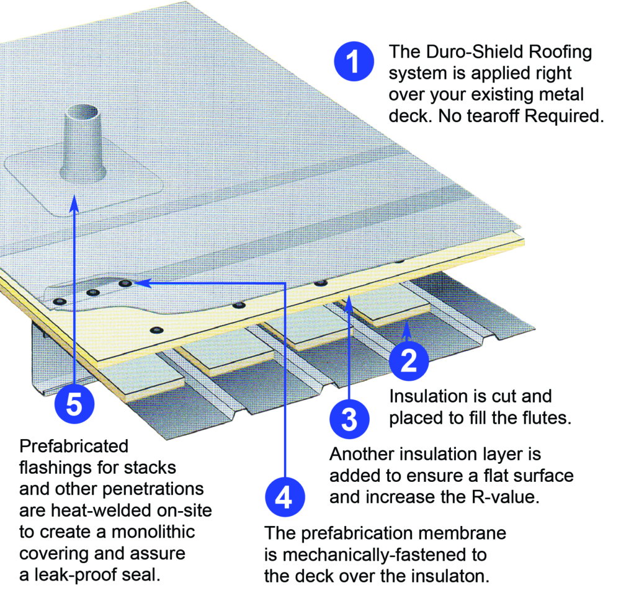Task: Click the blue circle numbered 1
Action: click(x=353, y=63)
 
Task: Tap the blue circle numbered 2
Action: click(x=409, y=360)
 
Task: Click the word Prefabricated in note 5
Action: click(x=74, y=446)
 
